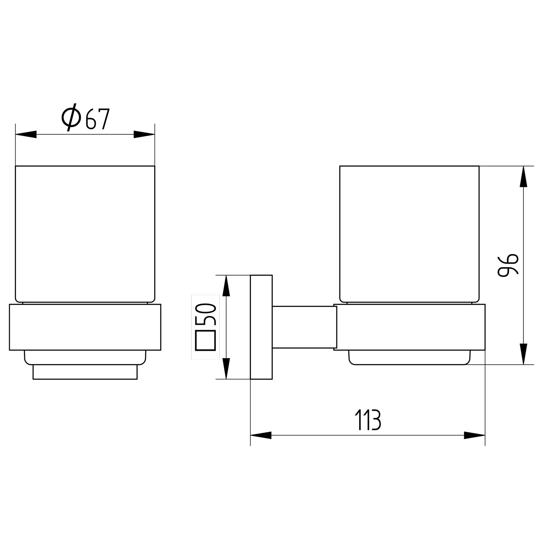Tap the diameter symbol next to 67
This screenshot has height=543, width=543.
pyautogui.click(x=71, y=117)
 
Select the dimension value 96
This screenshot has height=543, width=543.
pyautogui.click(x=508, y=265)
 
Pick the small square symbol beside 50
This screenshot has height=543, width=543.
pyautogui.click(x=206, y=340)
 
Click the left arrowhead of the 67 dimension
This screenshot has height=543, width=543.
pyautogui.click(x=26, y=134)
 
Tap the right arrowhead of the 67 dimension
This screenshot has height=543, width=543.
pyautogui.click(x=144, y=134)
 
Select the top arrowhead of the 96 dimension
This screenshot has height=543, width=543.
pyautogui.click(x=523, y=177)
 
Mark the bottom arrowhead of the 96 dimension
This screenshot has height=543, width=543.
pyautogui.click(x=523, y=354)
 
